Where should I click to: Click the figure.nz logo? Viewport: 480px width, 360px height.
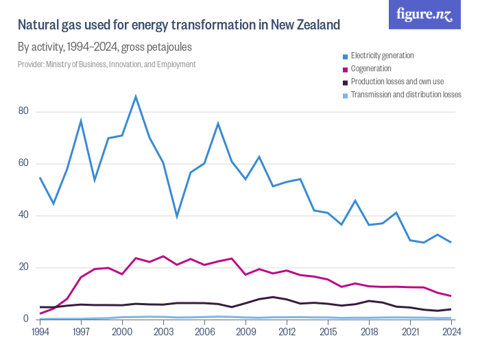[x=424, y=15]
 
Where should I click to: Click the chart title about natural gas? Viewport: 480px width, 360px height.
[x=179, y=26]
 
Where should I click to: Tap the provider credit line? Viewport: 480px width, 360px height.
[x=107, y=64]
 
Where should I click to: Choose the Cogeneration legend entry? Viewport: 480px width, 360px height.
[x=371, y=69]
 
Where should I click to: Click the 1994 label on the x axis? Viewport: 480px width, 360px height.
[x=40, y=332]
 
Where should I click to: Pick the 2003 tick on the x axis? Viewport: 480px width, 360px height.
[x=163, y=332]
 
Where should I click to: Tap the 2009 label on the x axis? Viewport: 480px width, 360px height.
[x=245, y=332]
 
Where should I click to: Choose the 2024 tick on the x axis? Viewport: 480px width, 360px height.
[x=451, y=332]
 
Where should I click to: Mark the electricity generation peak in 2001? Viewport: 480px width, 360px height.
[x=136, y=96]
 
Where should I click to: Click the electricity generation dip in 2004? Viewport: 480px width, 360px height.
[x=177, y=217]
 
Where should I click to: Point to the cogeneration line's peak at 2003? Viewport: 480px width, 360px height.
[x=163, y=256]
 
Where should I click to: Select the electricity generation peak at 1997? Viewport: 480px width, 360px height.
[x=81, y=121]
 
